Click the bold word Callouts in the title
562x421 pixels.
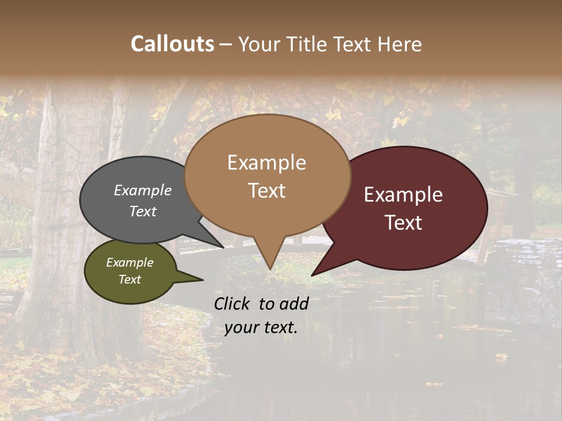(x=172, y=44)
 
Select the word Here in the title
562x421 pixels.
(x=400, y=44)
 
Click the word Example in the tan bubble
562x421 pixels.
(x=266, y=163)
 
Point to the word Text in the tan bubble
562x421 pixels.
(x=267, y=190)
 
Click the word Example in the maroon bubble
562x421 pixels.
(x=403, y=195)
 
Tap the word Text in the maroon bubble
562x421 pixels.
(x=404, y=222)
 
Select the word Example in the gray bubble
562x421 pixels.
(x=143, y=190)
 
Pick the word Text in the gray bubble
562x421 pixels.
(x=143, y=211)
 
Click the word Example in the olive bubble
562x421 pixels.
(x=130, y=263)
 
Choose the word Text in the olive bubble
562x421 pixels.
(x=130, y=279)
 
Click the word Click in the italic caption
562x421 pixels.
(x=232, y=303)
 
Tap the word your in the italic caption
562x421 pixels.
(x=242, y=327)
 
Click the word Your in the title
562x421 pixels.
(x=259, y=44)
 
